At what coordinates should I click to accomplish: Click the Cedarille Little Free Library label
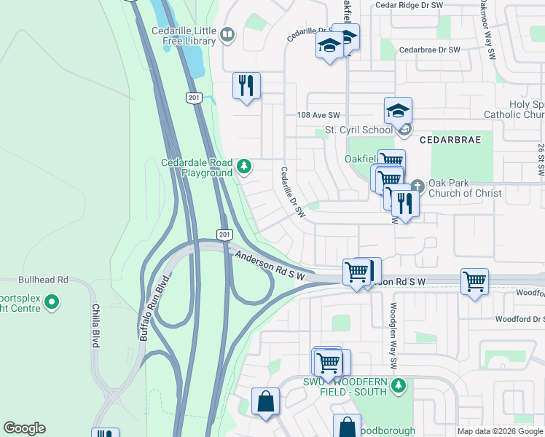pyautogui.click(x=184, y=36)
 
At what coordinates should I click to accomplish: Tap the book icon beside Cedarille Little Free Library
pyautogui.click(x=227, y=34)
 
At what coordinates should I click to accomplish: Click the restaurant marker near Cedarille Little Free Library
pyautogui.click(x=246, y=86)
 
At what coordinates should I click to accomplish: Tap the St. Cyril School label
pyautogui.click(x=358, y=131)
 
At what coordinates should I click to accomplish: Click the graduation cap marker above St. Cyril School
pyautogui.click(x=399, y=111)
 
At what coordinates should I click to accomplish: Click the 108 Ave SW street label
pyautogui.click(x=318, y=115)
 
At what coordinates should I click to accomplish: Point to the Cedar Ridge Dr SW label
pyautogui.click(x=409, y=5)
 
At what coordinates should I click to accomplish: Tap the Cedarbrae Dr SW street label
pyautogui.click(x=430, y=50)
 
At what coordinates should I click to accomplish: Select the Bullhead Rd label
pyautogui.click(x=44, y=279)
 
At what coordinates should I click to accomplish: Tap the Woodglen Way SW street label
pyautogui.click(x=393, y=335)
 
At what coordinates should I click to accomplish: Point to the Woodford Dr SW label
pyautogui.click(x=519, y=319)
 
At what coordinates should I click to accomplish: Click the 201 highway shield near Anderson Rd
pyautogui.click(x=224, y=234)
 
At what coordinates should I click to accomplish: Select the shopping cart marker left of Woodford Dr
pyautogui.click(x=474, y=280)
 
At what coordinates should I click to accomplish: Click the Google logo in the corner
pyautogui.click(x=24, y=428)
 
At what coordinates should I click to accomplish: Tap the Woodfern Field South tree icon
pyautogui.click(x=398, y=385)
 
